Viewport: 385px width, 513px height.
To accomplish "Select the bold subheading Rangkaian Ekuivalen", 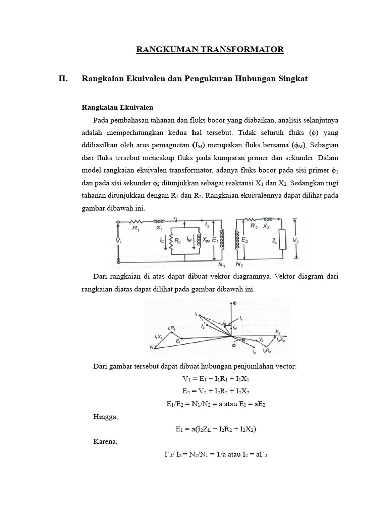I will pos(117,107).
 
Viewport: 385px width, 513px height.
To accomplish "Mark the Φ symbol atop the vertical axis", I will pos(233,303).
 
